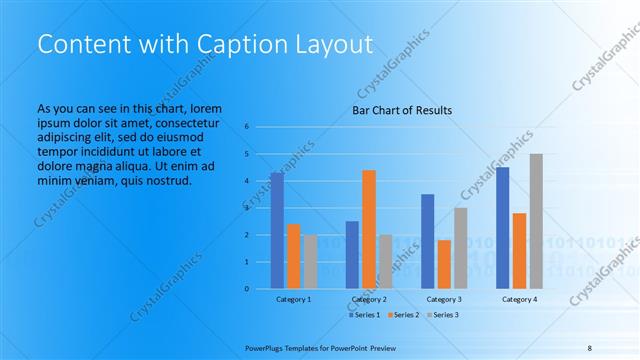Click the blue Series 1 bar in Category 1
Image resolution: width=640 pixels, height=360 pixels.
(277, 230)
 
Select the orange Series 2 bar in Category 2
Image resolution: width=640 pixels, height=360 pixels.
(369, 229)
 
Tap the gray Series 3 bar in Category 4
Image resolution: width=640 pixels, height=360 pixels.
(536, 221)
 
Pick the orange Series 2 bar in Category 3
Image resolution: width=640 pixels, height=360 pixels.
(444, 264)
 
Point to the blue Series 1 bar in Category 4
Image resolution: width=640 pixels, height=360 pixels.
(503, 228)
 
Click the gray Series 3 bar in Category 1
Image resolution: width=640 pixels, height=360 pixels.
(310, 261)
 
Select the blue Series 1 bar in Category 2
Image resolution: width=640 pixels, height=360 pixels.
(352, 254)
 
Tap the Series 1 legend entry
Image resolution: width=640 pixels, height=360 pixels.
(363, 315)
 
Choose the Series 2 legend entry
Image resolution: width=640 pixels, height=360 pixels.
(403, 315)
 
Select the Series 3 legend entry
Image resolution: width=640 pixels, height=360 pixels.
(442, 315)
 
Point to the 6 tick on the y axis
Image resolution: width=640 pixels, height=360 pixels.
(247, 127)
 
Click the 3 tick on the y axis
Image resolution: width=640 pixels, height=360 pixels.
(247, 208)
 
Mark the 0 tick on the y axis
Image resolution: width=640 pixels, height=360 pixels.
(247, 289)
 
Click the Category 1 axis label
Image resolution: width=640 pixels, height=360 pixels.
(293, 299)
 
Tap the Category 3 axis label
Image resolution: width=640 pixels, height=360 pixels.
(444, 299)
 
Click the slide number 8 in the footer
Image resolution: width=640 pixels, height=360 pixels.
(590, 348)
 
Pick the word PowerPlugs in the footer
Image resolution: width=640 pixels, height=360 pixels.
(266, 348)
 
